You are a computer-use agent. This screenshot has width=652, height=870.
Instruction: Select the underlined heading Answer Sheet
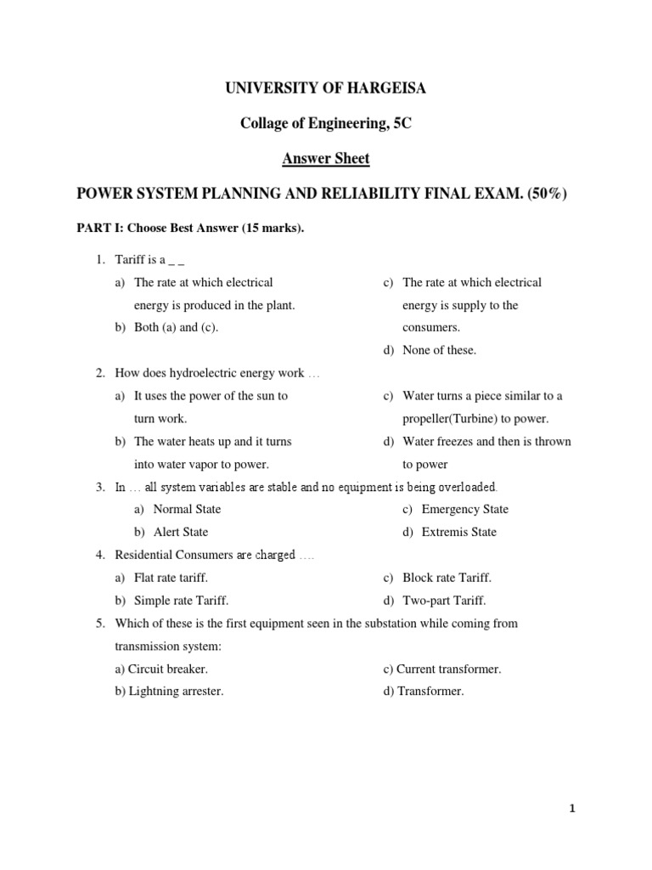coord(326,159)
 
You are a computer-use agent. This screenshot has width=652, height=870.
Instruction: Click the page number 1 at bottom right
coord(573,809)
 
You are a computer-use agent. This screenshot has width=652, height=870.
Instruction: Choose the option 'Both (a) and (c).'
coord(177,327)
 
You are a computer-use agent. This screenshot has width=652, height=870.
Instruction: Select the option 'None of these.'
coord(439,350)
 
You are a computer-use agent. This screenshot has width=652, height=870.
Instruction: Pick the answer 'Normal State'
coord(187,509)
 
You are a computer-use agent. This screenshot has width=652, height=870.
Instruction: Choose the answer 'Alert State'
coord(180,532)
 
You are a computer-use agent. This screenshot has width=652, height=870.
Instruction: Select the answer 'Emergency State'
coord(464,509)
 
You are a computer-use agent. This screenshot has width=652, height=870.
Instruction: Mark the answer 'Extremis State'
coord(458,532)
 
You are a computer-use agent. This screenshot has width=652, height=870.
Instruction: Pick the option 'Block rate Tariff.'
coord(447,578)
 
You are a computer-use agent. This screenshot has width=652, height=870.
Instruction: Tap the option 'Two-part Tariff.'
coord(444,601)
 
